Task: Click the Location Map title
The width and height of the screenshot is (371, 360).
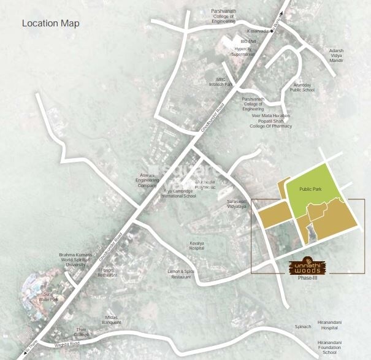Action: point(50,24)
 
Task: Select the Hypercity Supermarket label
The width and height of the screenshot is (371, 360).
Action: point(243,51)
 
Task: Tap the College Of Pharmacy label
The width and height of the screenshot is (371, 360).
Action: point(270,126)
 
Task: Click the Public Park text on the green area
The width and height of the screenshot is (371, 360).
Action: point(310,190)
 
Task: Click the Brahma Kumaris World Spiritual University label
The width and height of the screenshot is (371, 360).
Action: point(76,260)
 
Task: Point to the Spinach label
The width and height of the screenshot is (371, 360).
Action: point(302,327)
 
